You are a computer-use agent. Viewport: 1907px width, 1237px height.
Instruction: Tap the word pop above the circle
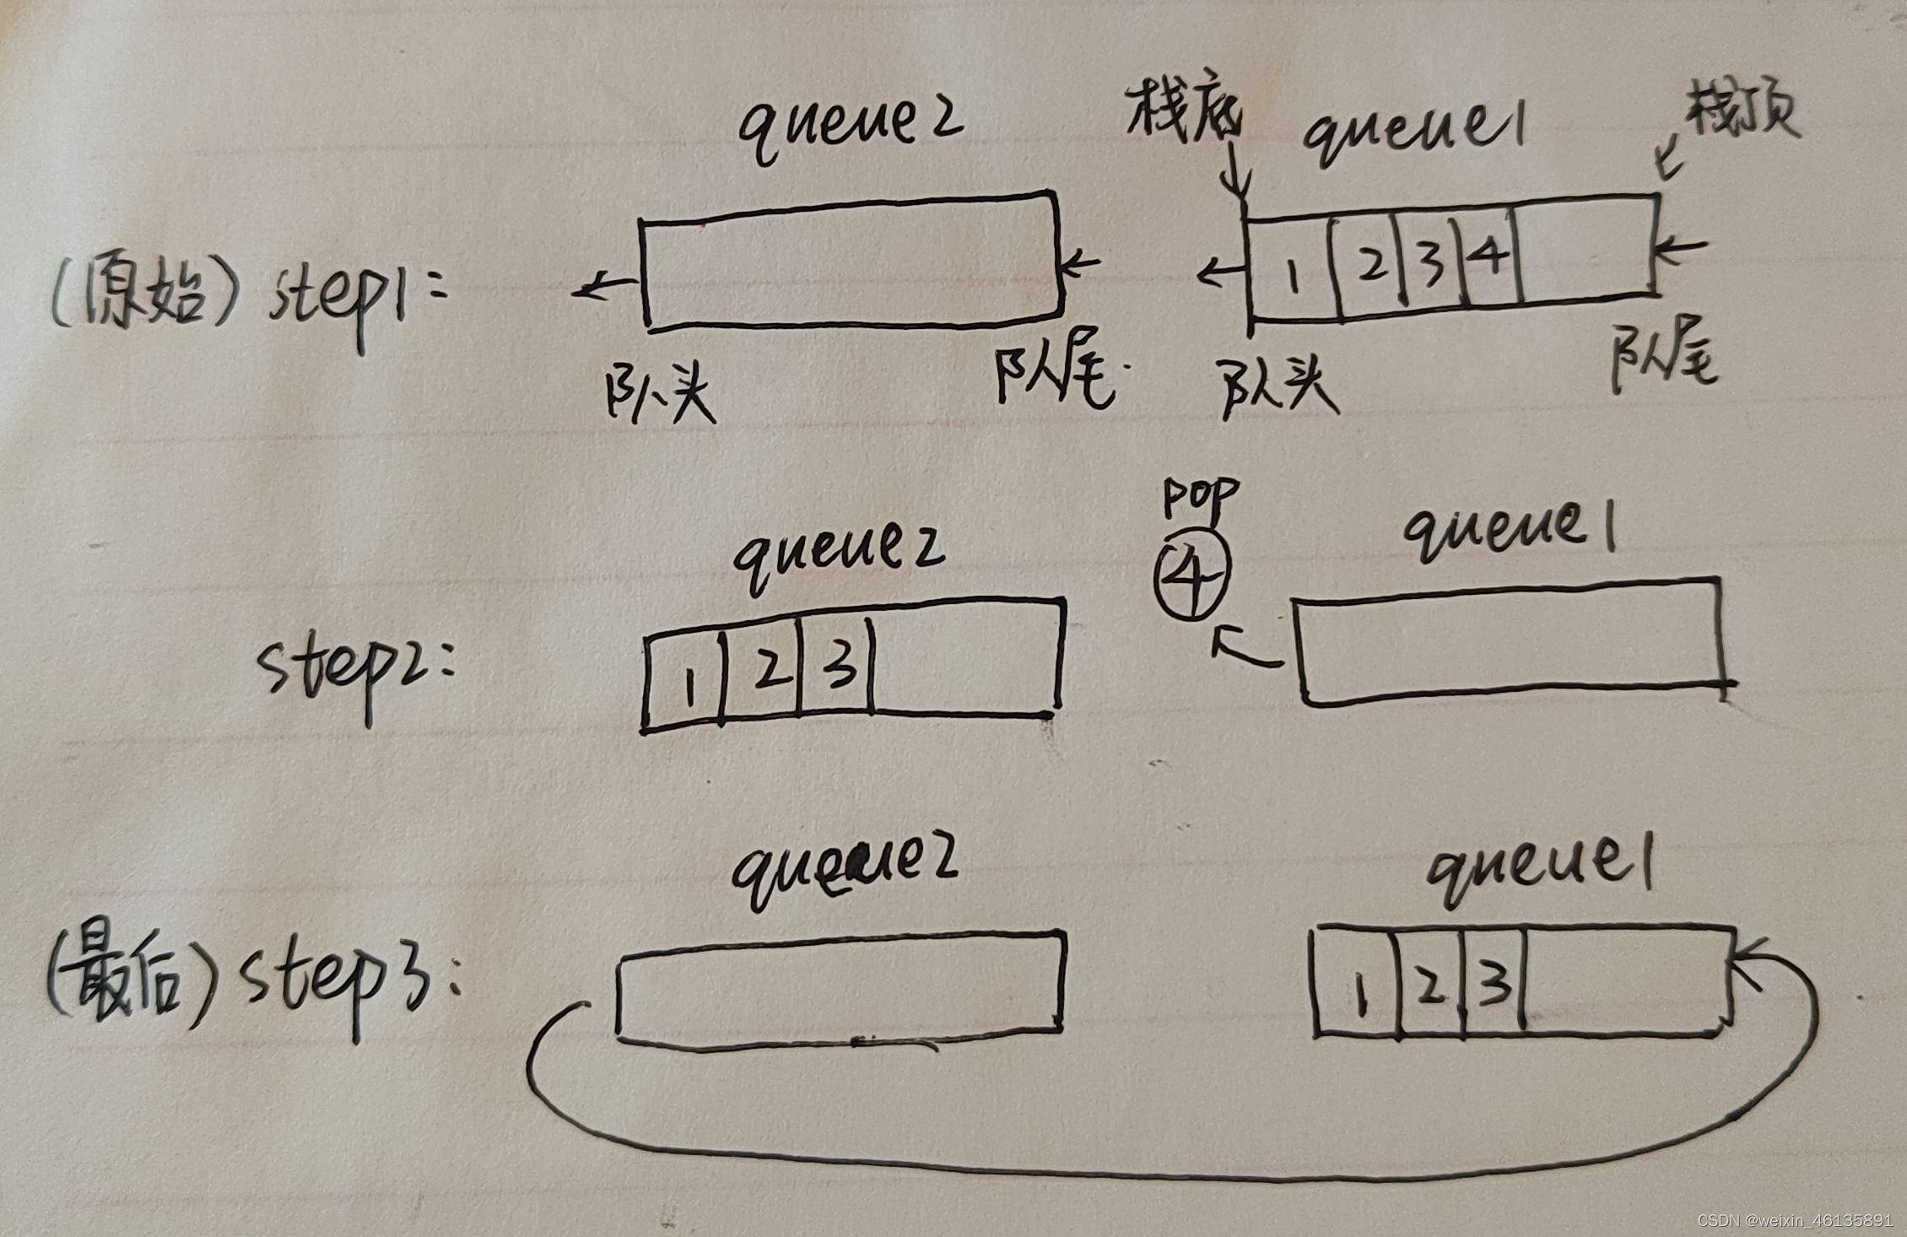pos(1200,498)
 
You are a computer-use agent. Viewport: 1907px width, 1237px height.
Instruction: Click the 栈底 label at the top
pos(1183,122)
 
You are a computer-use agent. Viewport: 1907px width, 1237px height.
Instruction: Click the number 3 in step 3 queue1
pos(1494,983)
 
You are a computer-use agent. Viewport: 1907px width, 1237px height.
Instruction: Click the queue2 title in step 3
pos(844,874)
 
